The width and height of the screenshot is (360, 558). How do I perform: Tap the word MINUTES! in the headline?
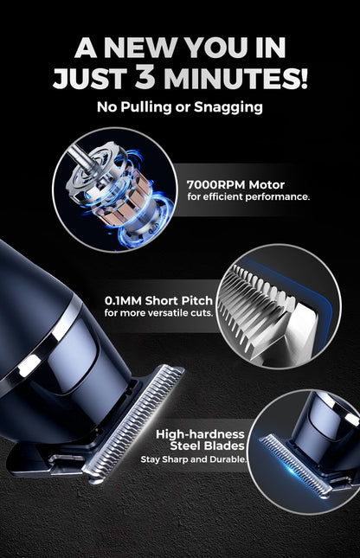(x=234, y=79)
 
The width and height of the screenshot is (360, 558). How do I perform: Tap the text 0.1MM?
(x=125, y=300)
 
